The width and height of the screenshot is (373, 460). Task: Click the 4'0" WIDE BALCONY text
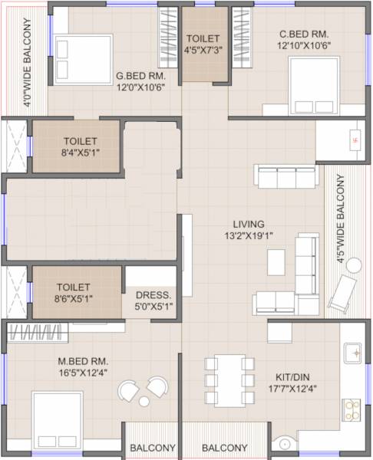[x=28, y=58]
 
